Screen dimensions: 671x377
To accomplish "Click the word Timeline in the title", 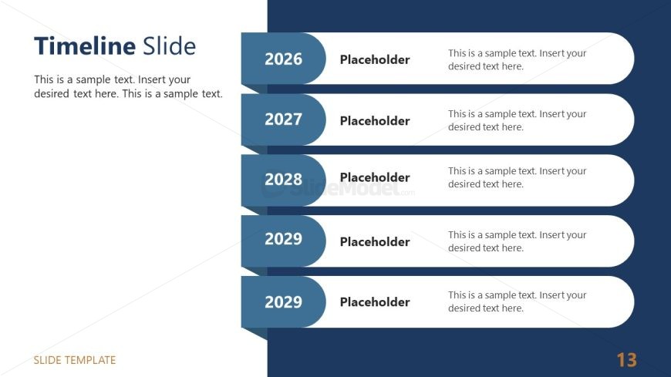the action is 85,45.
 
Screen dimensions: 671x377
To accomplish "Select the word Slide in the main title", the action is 169,45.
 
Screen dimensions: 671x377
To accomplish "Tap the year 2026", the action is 283,59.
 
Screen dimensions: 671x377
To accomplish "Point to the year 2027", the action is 283,119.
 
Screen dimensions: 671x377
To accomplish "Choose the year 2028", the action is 283,180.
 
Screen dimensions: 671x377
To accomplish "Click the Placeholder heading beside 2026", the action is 375,59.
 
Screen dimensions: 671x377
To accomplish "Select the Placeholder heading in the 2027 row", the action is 375,121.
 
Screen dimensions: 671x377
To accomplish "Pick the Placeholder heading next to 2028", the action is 375,177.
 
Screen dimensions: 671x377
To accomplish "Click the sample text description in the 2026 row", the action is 517,59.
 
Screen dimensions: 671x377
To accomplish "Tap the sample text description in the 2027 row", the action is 517,120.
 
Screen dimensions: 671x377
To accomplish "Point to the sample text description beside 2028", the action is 517,177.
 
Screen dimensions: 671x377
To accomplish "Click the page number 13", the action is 626,360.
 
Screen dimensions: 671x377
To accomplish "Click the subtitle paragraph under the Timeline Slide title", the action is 128,86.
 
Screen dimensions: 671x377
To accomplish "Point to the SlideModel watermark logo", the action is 338,188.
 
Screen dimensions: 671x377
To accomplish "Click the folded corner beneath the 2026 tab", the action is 257,89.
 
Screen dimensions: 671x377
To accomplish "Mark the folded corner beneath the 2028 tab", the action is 257,210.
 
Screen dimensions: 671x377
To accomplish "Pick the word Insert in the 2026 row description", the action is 551,53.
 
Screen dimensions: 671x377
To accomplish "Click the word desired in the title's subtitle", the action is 52,94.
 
